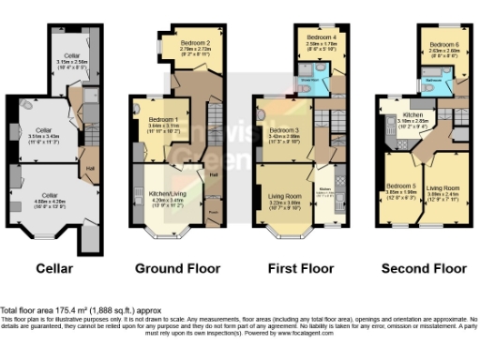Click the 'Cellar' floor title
(53, 269)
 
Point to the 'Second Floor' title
(423, 269)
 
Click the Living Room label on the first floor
(286, 195)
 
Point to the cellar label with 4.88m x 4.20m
(51, 196)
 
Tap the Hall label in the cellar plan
(90, 169)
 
